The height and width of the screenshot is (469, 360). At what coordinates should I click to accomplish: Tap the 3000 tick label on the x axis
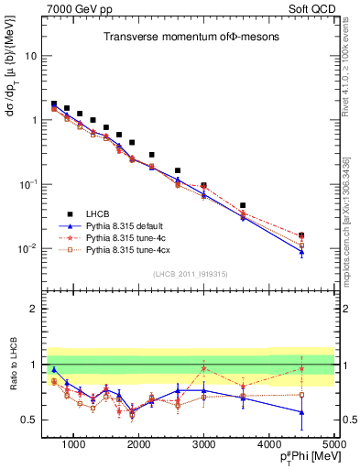coord(203,442)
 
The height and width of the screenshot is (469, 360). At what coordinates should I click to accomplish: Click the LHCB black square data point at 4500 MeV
coord(301,234)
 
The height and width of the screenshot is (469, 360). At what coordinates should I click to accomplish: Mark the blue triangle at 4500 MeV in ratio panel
coord(301,412)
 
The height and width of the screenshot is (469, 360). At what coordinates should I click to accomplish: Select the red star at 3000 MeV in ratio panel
coord(203,368)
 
